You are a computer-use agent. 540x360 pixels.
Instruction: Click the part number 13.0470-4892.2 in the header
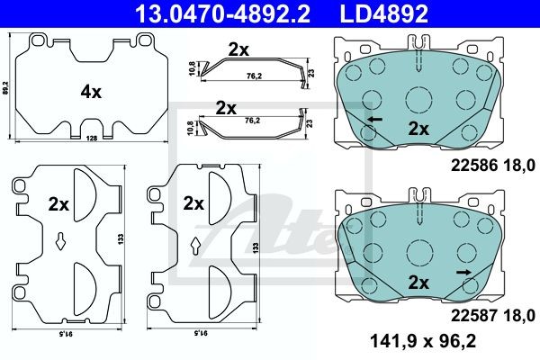222,13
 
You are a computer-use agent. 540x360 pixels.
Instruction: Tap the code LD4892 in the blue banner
384,13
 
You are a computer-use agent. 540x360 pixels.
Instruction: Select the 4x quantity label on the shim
91,92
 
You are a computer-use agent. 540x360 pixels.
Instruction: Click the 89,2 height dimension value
4,88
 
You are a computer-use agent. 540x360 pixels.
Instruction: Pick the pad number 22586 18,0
493,166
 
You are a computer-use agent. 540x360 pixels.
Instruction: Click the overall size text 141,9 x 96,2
423,341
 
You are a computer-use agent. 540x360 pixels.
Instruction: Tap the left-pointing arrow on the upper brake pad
375,120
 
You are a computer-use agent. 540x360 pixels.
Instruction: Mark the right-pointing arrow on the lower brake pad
463,273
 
